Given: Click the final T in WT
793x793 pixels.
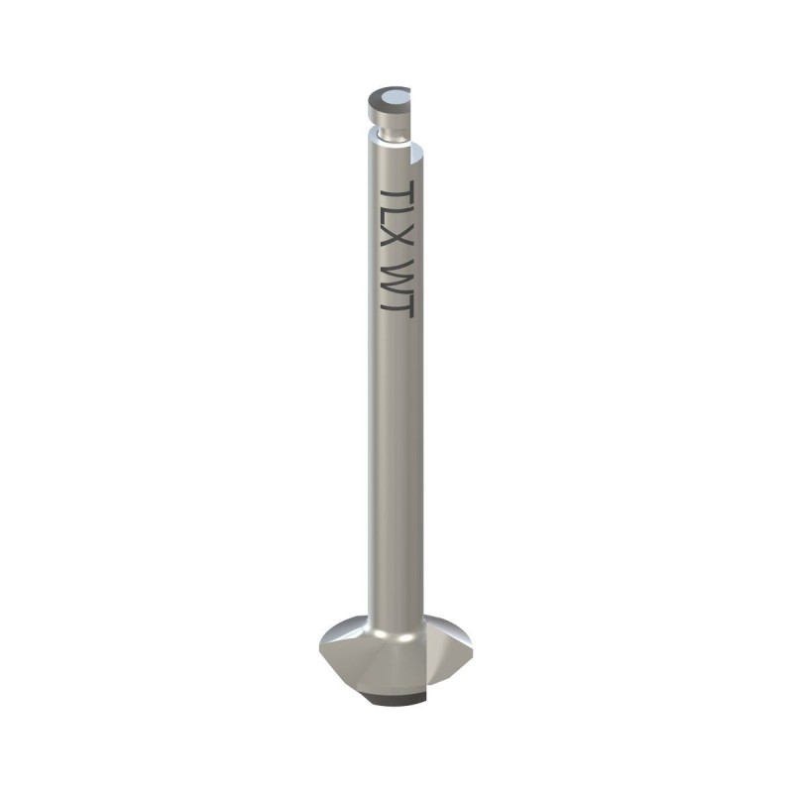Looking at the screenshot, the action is tap(396, 306).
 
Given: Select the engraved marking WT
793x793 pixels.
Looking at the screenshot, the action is tap(396, 289).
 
